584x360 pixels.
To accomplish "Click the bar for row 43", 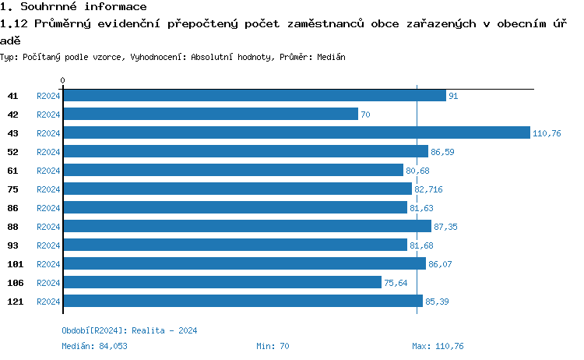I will [x=296, y=132].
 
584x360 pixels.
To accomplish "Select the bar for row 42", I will [x=210, y=114].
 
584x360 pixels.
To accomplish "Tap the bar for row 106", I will [x=222, y=282].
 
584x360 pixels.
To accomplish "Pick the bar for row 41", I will [x=254, y=95].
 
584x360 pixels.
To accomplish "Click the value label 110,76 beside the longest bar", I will [x=547, y=133].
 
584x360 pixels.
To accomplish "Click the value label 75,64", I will [x=396, y=283].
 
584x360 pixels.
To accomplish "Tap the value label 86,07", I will [x=441, y=264].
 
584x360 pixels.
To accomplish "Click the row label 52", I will [x=13, y=152].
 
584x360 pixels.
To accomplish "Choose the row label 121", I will [x=15, y=302].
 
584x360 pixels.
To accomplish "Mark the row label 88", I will [x=13, y=227].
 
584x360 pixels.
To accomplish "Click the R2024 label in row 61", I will [x=48, y=171].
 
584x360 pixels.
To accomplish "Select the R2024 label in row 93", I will [x=48, y=245].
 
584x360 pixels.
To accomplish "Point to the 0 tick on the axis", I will [x=62, y=80].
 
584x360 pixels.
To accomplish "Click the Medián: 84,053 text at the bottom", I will [x=94, y=346].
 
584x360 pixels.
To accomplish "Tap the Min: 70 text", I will [x=273, y=346].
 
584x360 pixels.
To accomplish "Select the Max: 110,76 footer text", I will [x=438, y=346].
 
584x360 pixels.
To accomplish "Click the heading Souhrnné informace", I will [x=74, y=6].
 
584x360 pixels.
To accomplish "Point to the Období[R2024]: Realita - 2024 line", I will [x=129, y=330].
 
